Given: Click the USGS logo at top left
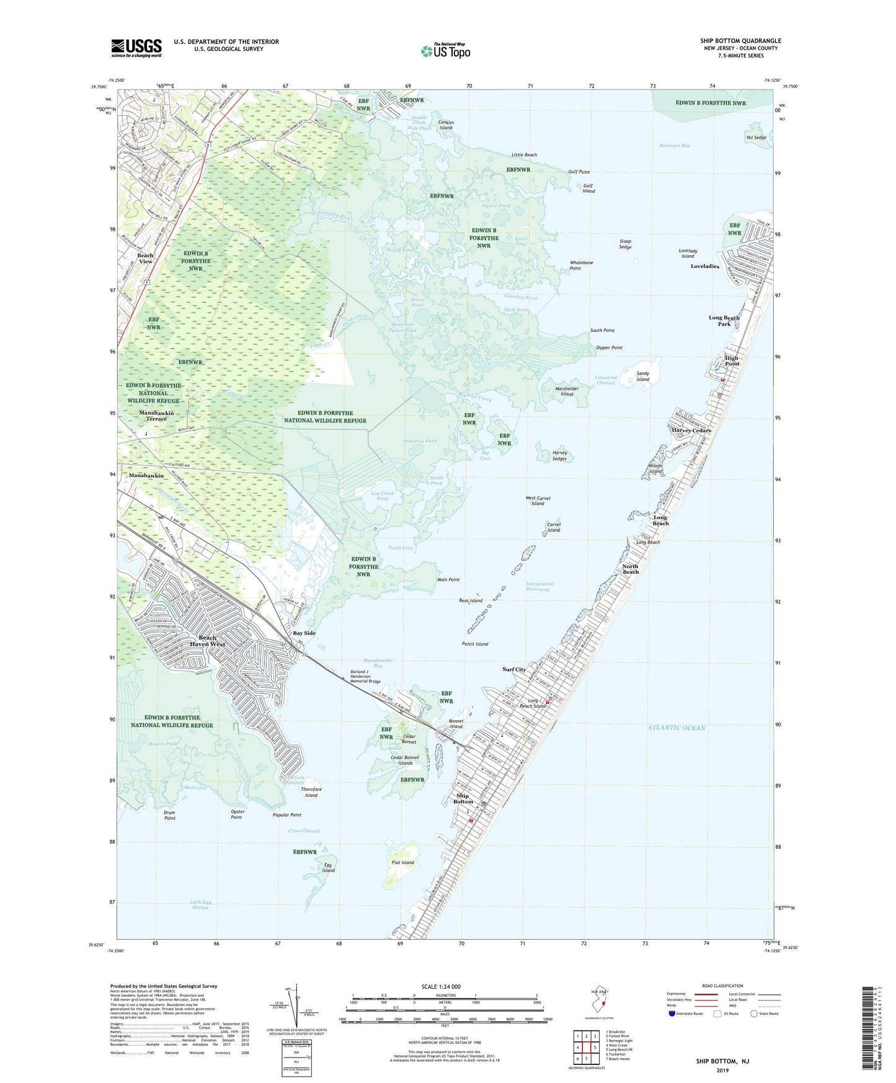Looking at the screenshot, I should [x=136, y=48].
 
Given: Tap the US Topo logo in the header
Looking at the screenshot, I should [x=446, y=50].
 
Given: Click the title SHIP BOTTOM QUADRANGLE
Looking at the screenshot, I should [x=740, y=41].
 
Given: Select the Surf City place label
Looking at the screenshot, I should [x=514, y=669].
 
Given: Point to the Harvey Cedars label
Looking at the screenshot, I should [x=691, y=430].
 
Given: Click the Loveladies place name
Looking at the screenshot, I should [x=705, y=266].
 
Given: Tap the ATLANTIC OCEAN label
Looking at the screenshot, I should [x=676, y=728].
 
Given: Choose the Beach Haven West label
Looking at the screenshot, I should [x=207, y=641].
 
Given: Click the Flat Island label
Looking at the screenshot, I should [x=403, y=862].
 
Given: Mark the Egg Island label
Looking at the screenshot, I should [x=328, y=867].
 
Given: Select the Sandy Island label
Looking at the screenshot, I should [x=642, y=377].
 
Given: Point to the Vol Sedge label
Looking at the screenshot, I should [x=756, y=138].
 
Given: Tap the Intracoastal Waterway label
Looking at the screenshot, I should [x=539, y=586].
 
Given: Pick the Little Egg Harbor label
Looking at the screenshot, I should [x=200, y=904].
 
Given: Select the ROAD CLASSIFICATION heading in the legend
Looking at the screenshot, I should [x=722, y=986].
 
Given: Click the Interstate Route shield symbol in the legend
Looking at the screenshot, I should [x=673, y=1014].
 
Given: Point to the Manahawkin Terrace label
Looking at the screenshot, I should [x=156, y=416].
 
